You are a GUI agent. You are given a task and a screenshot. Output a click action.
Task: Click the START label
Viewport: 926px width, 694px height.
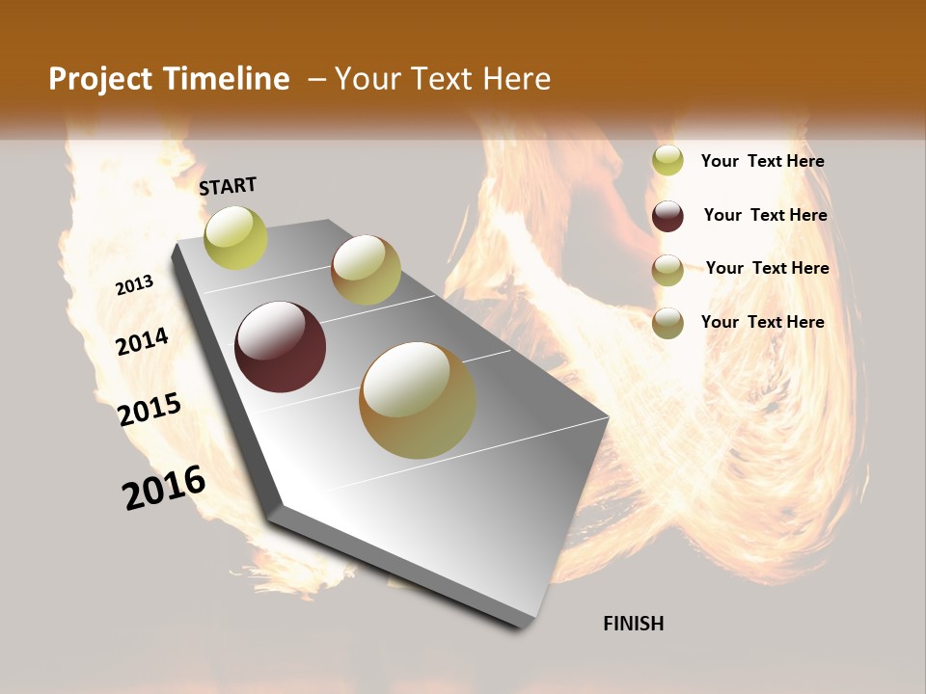(x=228, y=186)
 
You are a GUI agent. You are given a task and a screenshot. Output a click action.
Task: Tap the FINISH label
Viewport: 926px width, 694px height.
(x=633, y=624)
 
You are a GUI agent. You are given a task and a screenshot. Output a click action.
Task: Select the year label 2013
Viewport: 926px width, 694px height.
(x=134, y=285)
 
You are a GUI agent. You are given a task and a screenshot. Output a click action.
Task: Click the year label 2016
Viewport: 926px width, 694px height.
(x=164, y=488)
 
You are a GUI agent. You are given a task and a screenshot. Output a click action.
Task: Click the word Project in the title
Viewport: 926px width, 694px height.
(x=100, y=79)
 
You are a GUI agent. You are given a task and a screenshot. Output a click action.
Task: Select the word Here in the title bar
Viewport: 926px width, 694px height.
(x=516, y=79)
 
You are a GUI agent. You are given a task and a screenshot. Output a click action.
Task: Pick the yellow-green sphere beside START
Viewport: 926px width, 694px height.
(x=236, y=238)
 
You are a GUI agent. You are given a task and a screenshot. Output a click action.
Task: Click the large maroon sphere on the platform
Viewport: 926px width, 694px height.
(x=280, y=347)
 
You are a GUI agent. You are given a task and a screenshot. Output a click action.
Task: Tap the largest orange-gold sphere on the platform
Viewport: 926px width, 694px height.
(x=417, y=400)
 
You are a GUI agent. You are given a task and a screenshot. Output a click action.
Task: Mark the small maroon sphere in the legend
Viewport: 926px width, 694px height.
(x=667, y=216)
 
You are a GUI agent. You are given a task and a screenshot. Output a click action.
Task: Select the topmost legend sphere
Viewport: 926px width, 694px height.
(x=667, y=161)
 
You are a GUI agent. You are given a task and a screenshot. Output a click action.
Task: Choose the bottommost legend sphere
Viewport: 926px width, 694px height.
(x=667, y=323)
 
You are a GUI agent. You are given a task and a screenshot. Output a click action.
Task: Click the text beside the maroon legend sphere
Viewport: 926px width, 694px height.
(x=765, y=215)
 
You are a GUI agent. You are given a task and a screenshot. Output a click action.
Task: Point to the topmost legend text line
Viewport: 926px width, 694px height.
(x=762, y=161)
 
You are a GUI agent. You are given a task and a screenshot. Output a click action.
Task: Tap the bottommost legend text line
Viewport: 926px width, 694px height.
(x=762, y=322)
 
